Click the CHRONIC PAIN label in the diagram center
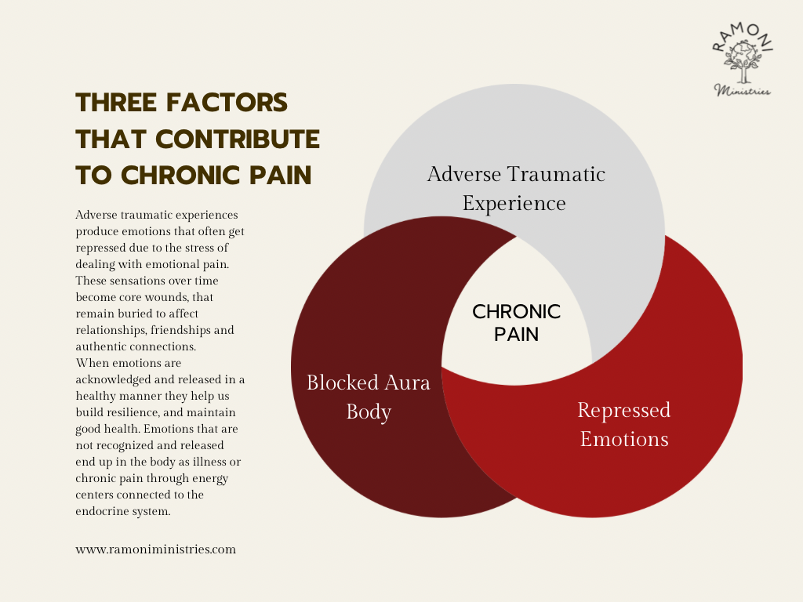coord(516,322)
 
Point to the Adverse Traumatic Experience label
coord(515,188)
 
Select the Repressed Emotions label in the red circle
coord(624,423)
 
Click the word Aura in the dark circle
coord(402,383)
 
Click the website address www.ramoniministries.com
coord(155,549)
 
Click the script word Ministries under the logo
coord(742,91)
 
